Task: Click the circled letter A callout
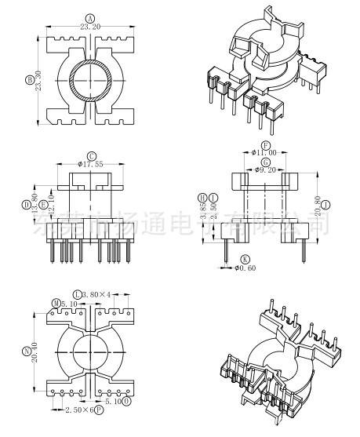[89, 17]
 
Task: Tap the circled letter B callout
[30, 79]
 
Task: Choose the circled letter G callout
[267, 161]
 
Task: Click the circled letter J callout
[325, 206]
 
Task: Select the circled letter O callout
[127, 402]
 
